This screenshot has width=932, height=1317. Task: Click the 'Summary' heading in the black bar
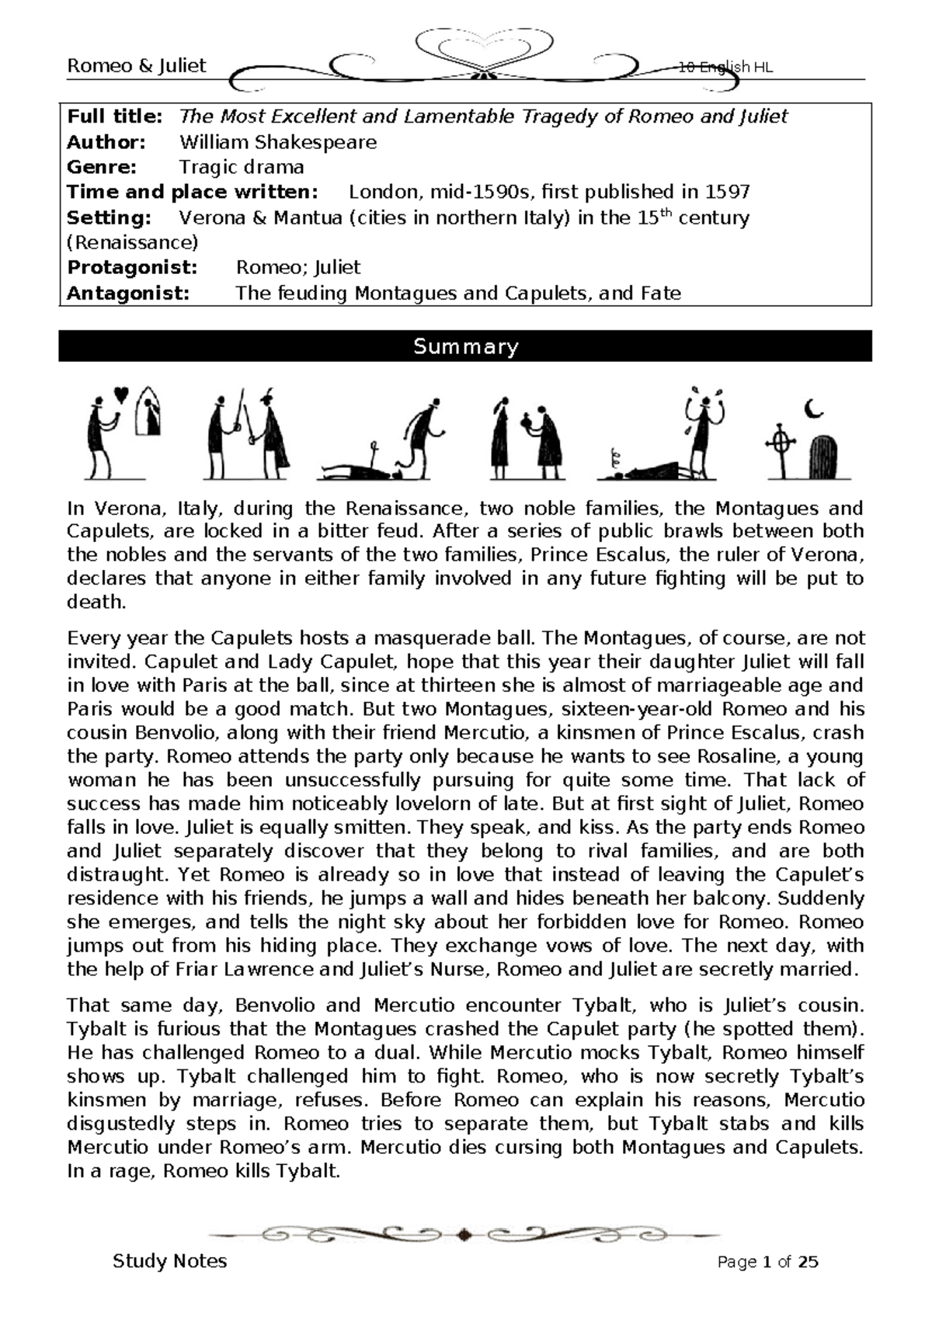click(465, 346)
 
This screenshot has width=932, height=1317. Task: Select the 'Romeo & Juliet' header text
click(137, 66)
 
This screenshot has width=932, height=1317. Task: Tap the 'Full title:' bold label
click(115, 116)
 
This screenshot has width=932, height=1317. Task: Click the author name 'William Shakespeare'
click(278, 142)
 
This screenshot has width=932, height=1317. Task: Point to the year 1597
click(727, 192)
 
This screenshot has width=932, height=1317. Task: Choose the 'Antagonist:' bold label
click(128, 293)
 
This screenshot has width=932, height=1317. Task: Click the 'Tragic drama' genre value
click(242, 167)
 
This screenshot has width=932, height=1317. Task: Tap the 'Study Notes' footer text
click(169, 1260)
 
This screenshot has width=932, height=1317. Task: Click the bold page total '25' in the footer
click(808, 1262)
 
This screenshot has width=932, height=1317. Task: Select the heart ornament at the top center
click(486, 48)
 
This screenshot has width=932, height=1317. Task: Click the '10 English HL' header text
click(725, 68)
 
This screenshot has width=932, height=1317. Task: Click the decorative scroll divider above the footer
click(464, 1232)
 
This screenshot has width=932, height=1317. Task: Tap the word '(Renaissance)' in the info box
click(133, 242)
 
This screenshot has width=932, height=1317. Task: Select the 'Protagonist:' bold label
click(132, 268)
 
